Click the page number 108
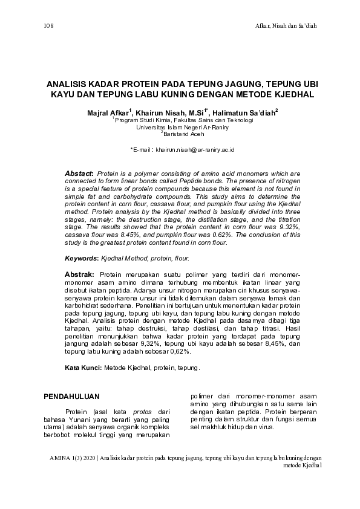pyautogui.click(x=50, y=26)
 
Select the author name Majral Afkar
pyautogui.click(x=107, y=113)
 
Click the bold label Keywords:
pyautogui.click(x=81, y=258)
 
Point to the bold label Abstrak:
pyautogui.click(x=79, y=274)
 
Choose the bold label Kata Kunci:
pyautogui.click(x=83, y=368)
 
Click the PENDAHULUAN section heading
pyautogui.click(x=73, y=397)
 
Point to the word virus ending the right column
pyautogui.click(x=266, y=427)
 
